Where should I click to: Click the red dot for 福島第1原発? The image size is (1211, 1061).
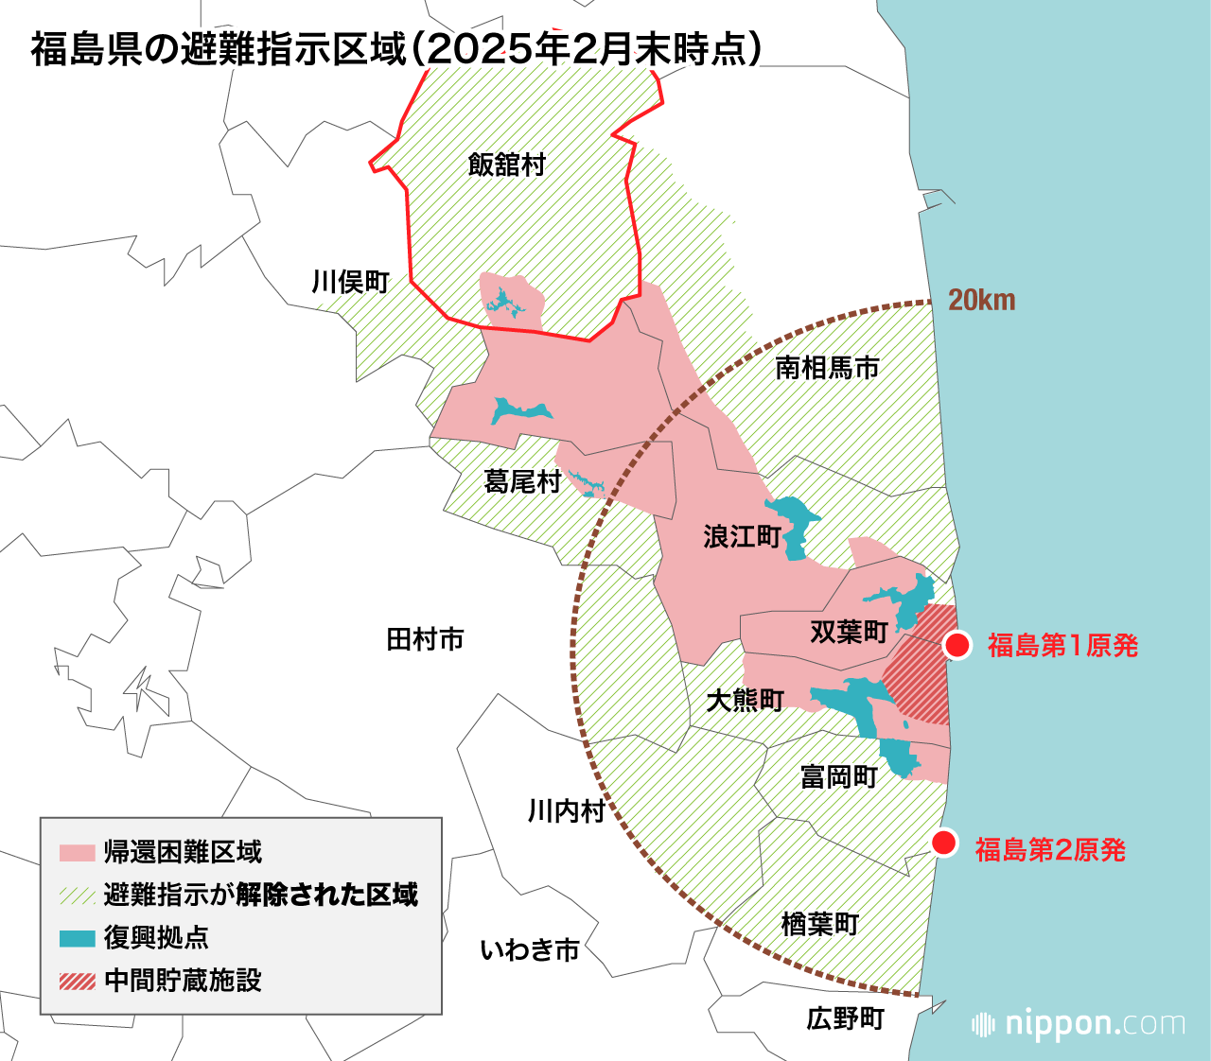tap(957, 646)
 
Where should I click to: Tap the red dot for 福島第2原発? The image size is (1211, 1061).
tap(944, 844)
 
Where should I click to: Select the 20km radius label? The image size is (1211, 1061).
tap(981, 301)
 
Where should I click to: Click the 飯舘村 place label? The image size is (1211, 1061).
tap(507, 165)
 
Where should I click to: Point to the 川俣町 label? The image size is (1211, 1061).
tap(351, 282)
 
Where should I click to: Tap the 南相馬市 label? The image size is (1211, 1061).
tap(827, 368)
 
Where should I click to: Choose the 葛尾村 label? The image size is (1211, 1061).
tap(522, 482)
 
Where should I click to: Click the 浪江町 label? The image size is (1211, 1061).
tap(742, 537)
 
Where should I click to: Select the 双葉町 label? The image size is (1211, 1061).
tap(849, 632)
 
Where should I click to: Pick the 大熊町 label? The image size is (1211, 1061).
tap(746, 701)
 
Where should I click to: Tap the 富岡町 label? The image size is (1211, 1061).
tap(839, 777)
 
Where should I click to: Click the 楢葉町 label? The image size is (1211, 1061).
tap(819, 924)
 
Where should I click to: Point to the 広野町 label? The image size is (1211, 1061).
tap(845, 1018)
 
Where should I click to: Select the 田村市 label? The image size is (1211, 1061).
tap(425, 640)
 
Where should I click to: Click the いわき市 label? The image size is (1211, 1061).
tap(530, 950)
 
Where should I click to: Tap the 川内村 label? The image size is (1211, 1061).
tap(566, 811)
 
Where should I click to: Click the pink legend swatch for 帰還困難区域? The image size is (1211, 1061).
tap(77, 852)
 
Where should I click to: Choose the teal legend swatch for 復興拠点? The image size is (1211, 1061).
tap(77, 938)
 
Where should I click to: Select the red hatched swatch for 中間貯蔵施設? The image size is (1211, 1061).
tap(77, 982)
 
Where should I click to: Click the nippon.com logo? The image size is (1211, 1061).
tap(1079, 1024)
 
